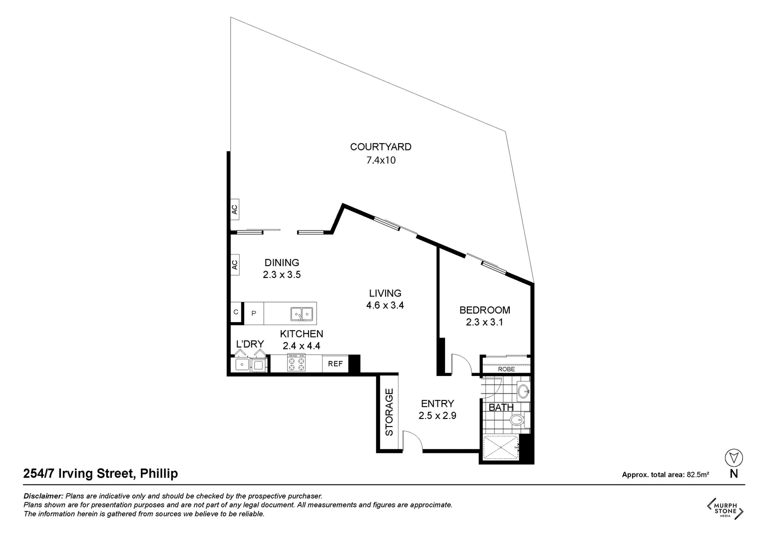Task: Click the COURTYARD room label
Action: coord(381,147)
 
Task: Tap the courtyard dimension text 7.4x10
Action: coord(381,160)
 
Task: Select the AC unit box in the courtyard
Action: coord(234,209)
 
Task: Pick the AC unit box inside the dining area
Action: coord(234,264)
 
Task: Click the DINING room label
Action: coord(282,262)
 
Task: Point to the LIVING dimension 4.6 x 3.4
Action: coord(384,305)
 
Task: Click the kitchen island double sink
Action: coord(302,313)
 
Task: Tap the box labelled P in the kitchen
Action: coord(254,313)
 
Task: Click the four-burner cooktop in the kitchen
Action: coord(296,363)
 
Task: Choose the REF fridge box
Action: coord(335,363)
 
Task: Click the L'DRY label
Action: coord(250,344)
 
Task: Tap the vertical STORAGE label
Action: coord(389,411)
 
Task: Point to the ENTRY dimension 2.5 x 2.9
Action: coord(437,415)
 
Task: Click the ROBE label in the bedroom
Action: coord(506,369)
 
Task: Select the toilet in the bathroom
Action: coord(517,421)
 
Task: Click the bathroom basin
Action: coord(523,391)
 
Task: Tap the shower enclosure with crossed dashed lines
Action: coord(501,447)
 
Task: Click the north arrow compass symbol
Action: coord(733,457)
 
